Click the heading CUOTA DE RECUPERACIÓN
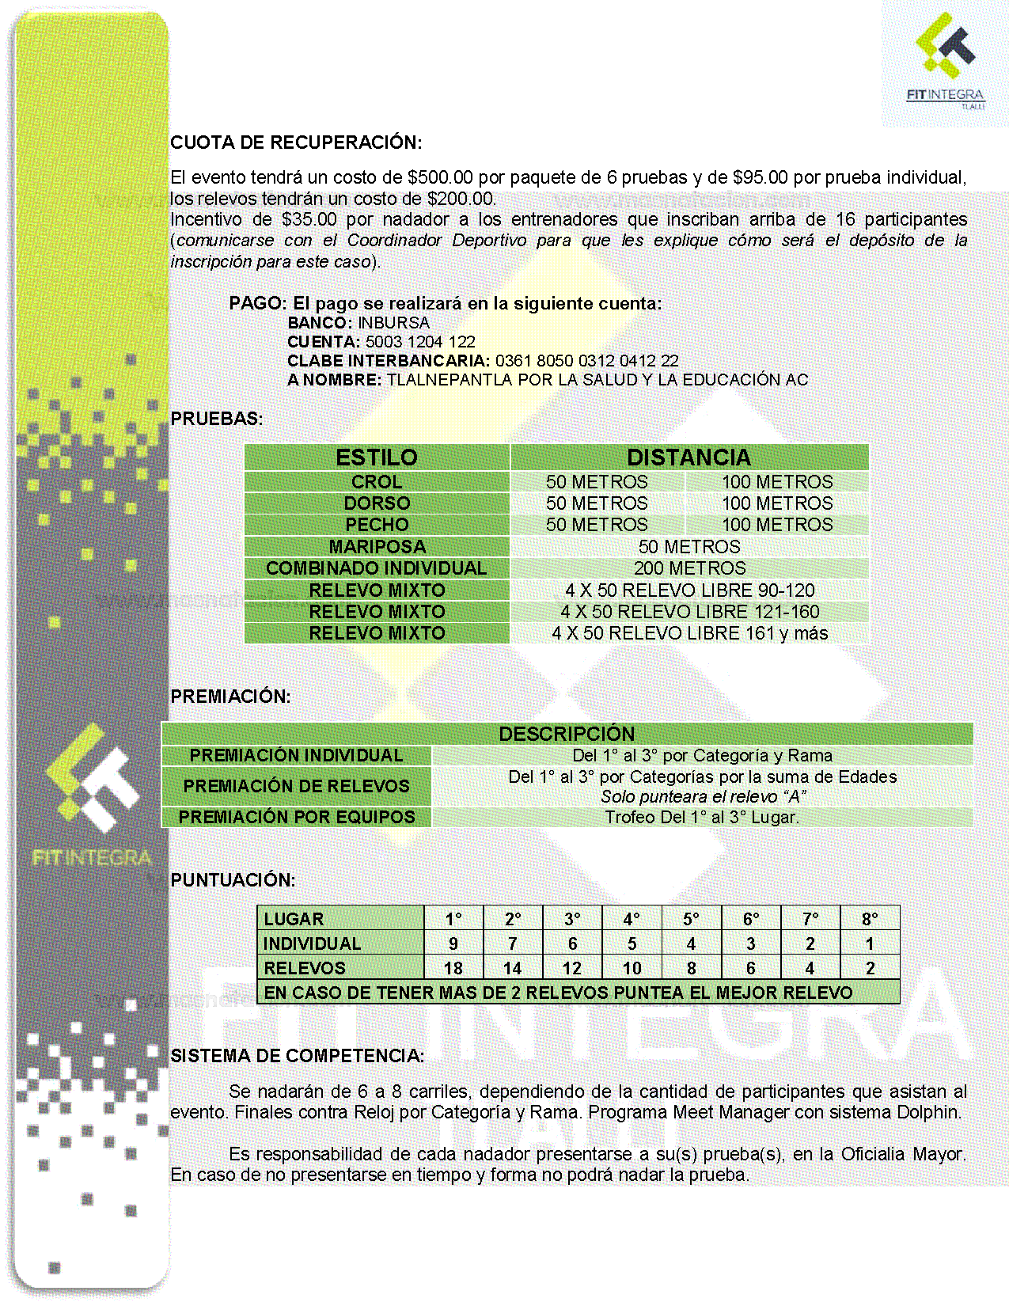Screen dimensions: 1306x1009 296,142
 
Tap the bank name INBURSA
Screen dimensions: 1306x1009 393,323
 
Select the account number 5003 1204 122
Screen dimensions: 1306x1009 420,342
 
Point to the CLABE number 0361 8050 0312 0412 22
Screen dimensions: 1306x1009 586,361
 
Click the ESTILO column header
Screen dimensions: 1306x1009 377,457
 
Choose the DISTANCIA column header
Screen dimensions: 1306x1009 688,457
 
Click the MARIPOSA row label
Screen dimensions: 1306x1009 377,546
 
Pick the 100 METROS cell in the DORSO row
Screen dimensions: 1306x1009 776,503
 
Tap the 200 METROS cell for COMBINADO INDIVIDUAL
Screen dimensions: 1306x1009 689,568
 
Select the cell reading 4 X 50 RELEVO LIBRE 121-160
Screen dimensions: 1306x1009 689,612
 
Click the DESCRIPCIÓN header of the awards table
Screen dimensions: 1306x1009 567,734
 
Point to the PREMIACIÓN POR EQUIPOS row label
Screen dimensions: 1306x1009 297,817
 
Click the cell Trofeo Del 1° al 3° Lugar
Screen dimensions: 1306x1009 702,817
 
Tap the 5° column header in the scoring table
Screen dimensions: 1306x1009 692,919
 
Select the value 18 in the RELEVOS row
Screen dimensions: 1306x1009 453,968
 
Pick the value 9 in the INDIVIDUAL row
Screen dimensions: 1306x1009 453,943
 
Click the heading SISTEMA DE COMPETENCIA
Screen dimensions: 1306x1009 297,1056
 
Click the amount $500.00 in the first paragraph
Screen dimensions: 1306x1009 440,177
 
